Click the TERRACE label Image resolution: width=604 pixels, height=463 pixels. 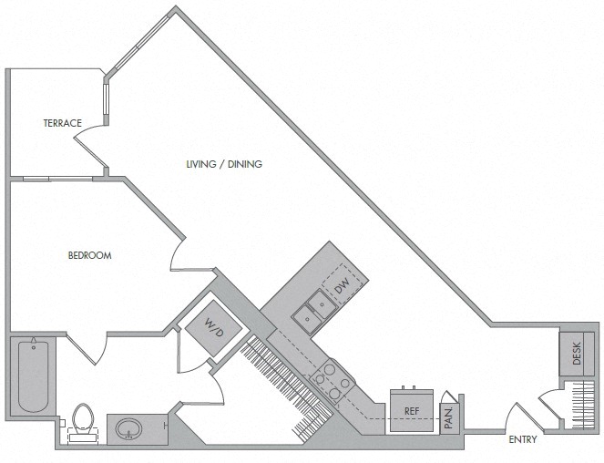[x=62, y=123]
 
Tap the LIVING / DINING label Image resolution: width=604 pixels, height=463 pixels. [x=224, y=165]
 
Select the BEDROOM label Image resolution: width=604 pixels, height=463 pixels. [x=90, y=256]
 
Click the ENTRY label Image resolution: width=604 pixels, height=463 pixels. [x=523, y=439]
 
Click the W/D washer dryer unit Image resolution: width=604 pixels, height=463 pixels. [x=213, y=324]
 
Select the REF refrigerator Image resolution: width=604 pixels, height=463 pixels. [x=411, y=410]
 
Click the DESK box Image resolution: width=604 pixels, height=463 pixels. [x=576, y=354]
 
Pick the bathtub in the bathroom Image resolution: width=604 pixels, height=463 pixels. [x=34, y=376]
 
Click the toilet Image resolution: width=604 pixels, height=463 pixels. [x=84, y=422]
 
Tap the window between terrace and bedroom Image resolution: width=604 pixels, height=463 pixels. [x=49, y=178]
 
